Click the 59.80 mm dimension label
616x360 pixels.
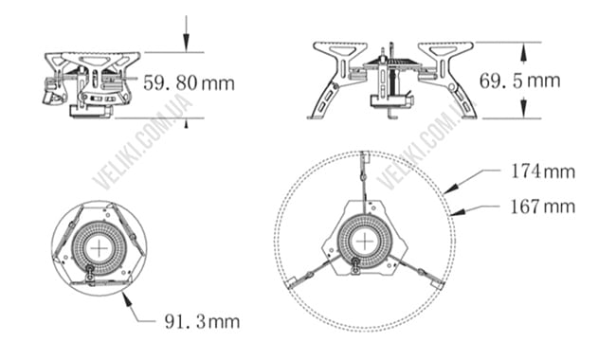coord(189,82)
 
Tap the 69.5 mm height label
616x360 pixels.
coord(519,81)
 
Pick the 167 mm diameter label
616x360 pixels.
coord(541,206)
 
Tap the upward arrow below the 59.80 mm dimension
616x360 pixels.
coord(188,119)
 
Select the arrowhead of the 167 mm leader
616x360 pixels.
coord(452,213)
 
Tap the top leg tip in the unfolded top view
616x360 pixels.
coord(363,155)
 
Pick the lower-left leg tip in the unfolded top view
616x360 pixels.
coord(292,281)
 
